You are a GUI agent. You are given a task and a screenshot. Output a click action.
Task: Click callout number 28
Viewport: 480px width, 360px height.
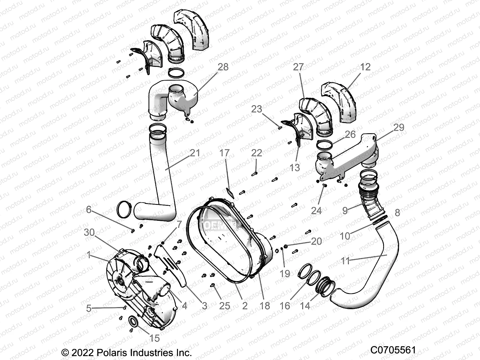tap(223, 67)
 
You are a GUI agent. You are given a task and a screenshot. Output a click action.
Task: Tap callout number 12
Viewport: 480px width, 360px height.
tap(365, 67)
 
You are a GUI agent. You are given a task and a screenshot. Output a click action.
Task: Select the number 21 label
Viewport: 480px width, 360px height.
tap(195, 153)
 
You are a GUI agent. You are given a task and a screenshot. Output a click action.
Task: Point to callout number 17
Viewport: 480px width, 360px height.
tap(224, 153)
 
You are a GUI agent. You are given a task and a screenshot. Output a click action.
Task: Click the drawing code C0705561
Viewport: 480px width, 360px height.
tap(393, 350)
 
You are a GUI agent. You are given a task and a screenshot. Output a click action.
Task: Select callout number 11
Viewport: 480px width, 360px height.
tap(345, 261)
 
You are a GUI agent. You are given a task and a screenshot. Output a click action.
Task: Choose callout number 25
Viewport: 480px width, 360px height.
tap(224, 306)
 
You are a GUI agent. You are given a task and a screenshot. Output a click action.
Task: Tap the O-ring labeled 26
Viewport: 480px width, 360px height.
tap(325, 145)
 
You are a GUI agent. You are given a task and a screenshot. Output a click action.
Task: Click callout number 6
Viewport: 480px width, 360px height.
tap(88, 209)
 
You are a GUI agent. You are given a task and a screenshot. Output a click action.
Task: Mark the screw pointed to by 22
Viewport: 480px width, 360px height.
tap(255, 173)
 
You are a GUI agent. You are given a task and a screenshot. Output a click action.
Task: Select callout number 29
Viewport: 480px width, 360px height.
tap(399, 127)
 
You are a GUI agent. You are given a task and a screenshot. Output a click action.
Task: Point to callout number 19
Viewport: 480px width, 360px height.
tap(285, 273)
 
